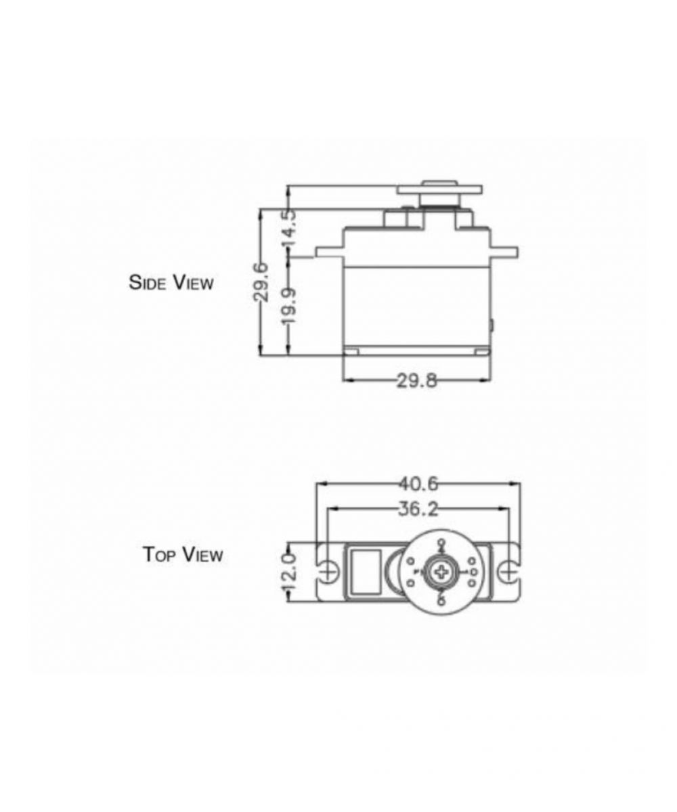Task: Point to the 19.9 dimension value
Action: coord(289,304)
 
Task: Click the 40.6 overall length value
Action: coord(418,484)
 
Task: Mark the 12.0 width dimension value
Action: coord(289,573)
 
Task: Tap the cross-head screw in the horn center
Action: coord(441,572)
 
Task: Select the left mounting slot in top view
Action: coord(328,572)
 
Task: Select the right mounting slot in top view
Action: coord(508,572)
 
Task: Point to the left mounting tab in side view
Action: coord(329,252)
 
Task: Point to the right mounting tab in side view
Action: coord(505,252)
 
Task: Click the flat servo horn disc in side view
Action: coord(439,190)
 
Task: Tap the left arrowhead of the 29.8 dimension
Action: coord(347,380)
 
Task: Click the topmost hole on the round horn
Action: coord(441,543)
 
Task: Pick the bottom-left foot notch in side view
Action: coord(351,351)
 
